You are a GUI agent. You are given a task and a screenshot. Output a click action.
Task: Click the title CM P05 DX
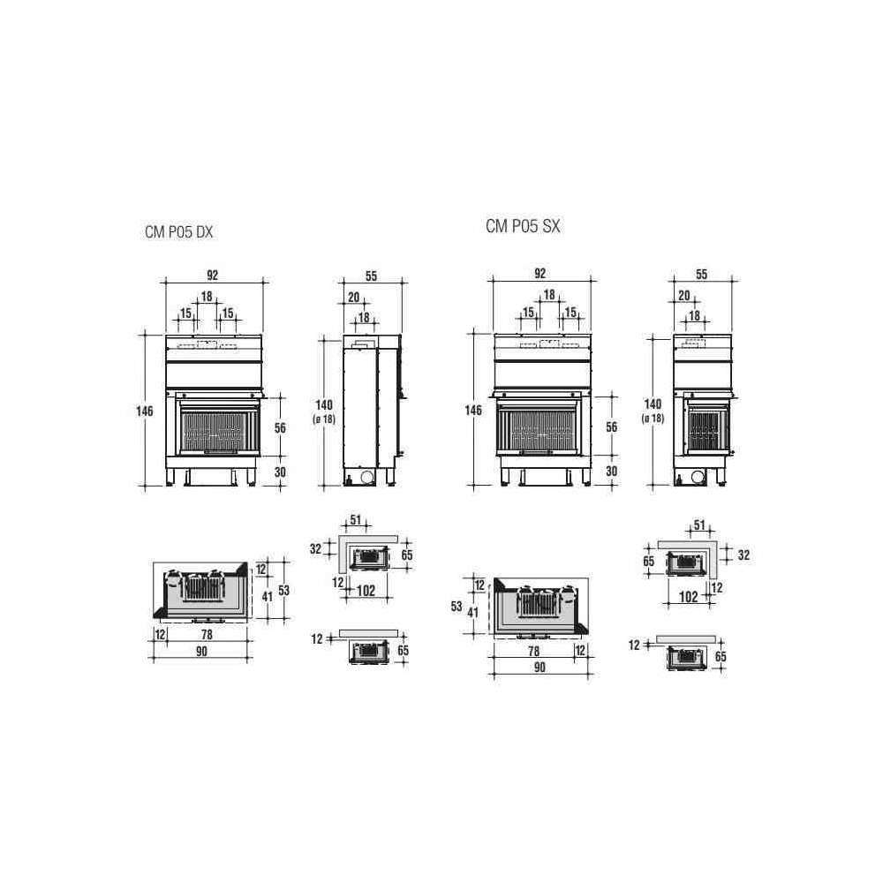178,232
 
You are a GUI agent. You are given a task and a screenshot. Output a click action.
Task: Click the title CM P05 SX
523,226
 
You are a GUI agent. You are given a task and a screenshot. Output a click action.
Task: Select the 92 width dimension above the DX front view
212,275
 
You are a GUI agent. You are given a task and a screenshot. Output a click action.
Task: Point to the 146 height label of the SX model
473,410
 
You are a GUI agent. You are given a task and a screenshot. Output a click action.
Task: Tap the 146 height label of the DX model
145,411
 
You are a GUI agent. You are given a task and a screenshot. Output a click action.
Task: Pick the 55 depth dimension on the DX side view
371,275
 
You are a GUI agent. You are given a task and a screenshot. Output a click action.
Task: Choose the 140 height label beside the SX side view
653,404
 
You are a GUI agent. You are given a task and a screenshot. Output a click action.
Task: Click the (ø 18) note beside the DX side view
324,419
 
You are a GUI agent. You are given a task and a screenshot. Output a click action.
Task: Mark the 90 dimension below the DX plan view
201,652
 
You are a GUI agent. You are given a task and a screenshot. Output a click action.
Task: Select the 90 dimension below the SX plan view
540,668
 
